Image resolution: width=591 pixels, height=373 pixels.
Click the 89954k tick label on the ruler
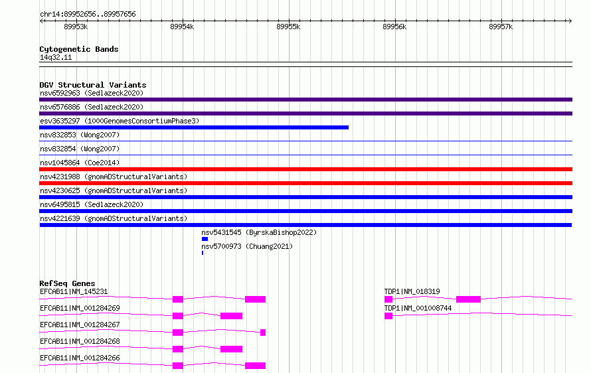[x=182, y=27]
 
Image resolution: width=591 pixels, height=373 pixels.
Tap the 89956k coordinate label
[x=394, y=27]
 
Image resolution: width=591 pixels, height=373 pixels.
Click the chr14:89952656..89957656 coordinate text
[x=88, y=14]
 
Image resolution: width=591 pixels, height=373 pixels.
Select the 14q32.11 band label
[x=56, y=57]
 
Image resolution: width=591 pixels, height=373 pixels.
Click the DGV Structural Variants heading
[x=93, y=85]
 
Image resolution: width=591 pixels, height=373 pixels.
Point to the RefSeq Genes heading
[x=67, y=283]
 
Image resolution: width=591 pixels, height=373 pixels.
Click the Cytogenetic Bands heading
[x=79, y=49]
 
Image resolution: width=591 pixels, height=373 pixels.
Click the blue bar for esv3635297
[x=194, y=127]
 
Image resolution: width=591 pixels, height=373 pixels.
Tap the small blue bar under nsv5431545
[x=205, y=239]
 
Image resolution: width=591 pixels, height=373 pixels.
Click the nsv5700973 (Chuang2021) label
[x=247, y=246]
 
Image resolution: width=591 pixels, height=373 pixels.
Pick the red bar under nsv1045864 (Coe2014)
[x=305, y=169]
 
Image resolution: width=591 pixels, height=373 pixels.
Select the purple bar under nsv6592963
[x=305, y=100]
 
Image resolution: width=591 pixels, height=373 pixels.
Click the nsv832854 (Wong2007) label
[x=80, y=149]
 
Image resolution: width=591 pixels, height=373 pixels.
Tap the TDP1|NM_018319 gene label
[x=412, y=291]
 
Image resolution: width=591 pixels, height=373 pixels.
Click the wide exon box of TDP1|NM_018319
[x=469, y=299]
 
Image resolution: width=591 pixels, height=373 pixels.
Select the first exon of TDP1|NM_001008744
[x=388, y=316]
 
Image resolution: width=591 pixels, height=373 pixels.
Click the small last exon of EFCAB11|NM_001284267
[x=263, y=333]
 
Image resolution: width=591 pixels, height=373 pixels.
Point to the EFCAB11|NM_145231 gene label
[x=74, y=291]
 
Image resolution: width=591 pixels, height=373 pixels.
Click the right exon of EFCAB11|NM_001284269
[x=232, y=316]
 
